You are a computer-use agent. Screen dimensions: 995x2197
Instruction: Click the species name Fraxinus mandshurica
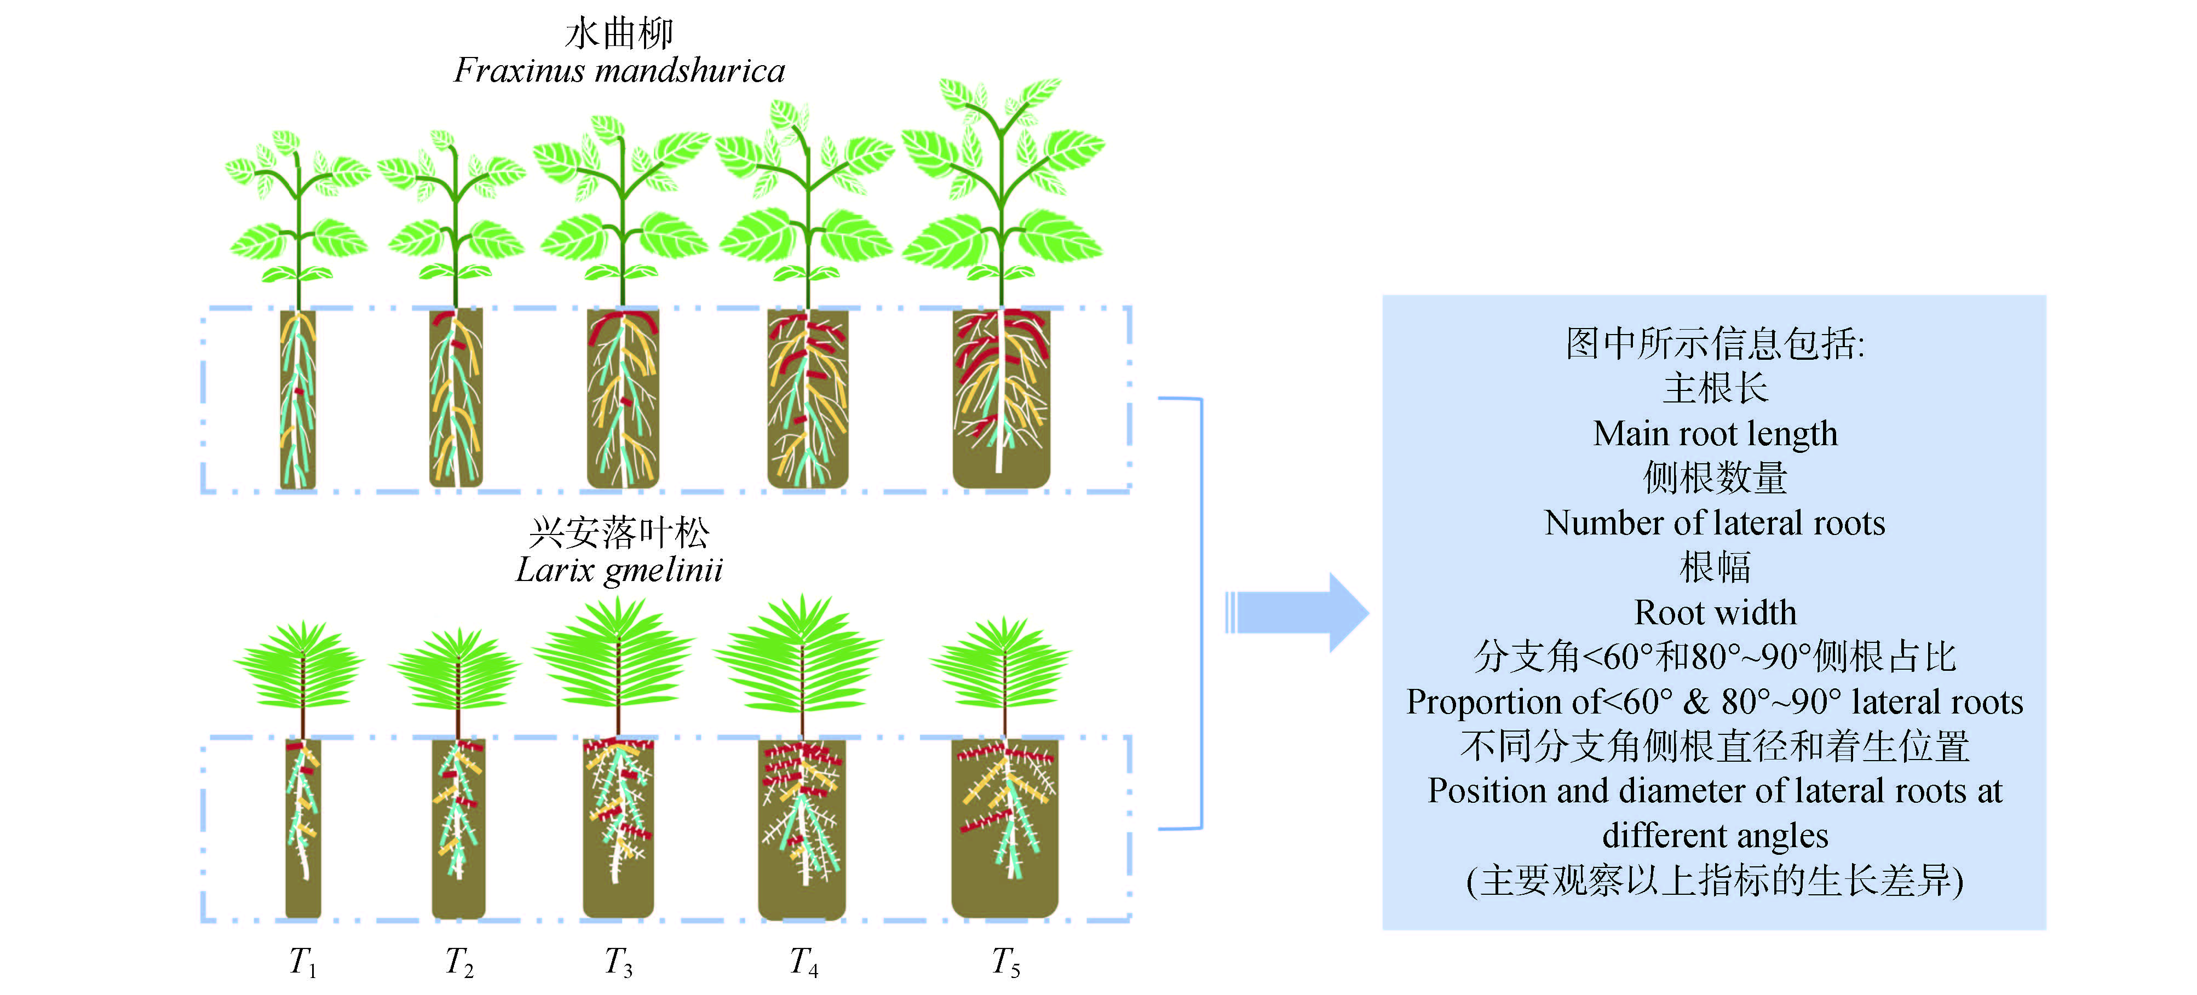619,71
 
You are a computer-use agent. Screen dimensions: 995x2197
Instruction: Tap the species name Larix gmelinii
619,570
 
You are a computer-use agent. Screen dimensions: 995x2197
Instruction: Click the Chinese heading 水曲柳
619,34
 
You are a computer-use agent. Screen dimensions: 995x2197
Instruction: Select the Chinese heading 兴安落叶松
619,533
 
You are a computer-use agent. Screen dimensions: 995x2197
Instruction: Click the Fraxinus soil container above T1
298,399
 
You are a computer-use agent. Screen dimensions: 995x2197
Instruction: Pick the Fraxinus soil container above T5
1001,399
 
